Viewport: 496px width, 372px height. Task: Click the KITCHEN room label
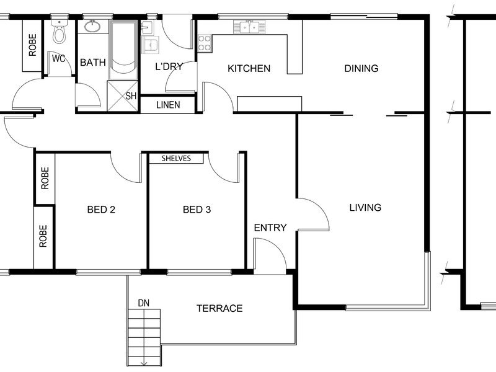pos(249,68)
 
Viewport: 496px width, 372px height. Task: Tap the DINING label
pos(361,68)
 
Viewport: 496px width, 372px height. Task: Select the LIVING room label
pos(365,208)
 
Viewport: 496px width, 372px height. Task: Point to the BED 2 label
pos(101,210)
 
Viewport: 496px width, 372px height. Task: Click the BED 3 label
pos(197,210)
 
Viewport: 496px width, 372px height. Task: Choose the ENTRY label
pos(270,228)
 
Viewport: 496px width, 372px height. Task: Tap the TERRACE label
pos(219,308)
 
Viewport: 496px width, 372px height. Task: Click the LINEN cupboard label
pos(168,105)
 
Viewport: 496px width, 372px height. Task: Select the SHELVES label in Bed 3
pos(176,158)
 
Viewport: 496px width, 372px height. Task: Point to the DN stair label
pos(144,303)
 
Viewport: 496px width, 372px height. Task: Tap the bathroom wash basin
pos(92,26)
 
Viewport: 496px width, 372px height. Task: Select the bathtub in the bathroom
pos(123,50)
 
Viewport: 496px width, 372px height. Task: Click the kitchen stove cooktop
pos(205,43)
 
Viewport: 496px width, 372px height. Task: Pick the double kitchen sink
pos(250,27)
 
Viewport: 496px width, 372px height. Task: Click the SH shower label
pos(131,96)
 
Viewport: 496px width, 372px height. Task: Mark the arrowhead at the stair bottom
pos(144,363)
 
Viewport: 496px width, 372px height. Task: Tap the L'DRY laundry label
pos(169,66)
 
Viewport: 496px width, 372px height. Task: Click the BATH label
pos(92,63)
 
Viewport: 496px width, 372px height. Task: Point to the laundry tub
pos(151,44)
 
